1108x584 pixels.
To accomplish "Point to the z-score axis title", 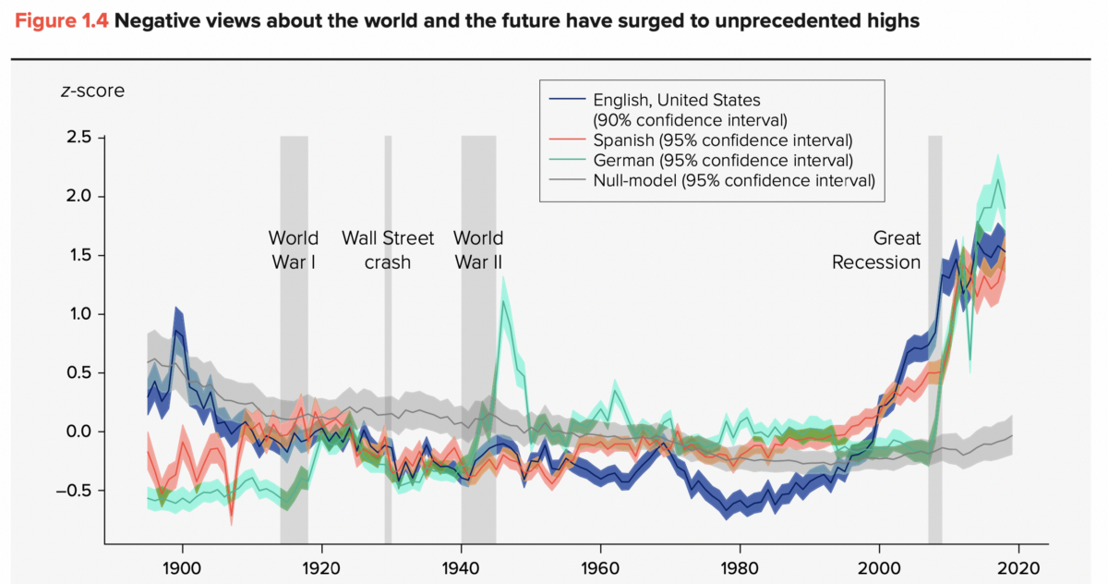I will click(x=92, y=91).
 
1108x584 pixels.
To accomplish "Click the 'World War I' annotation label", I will click(x=294, y=249).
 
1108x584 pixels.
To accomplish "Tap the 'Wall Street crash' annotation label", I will click(x=388, y=249).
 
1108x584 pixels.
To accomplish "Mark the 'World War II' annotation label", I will click(x=478, y=249).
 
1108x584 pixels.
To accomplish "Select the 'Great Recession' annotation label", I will click(x=876, y=249).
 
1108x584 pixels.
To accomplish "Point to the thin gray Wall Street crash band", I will click(x=388, y=370).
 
